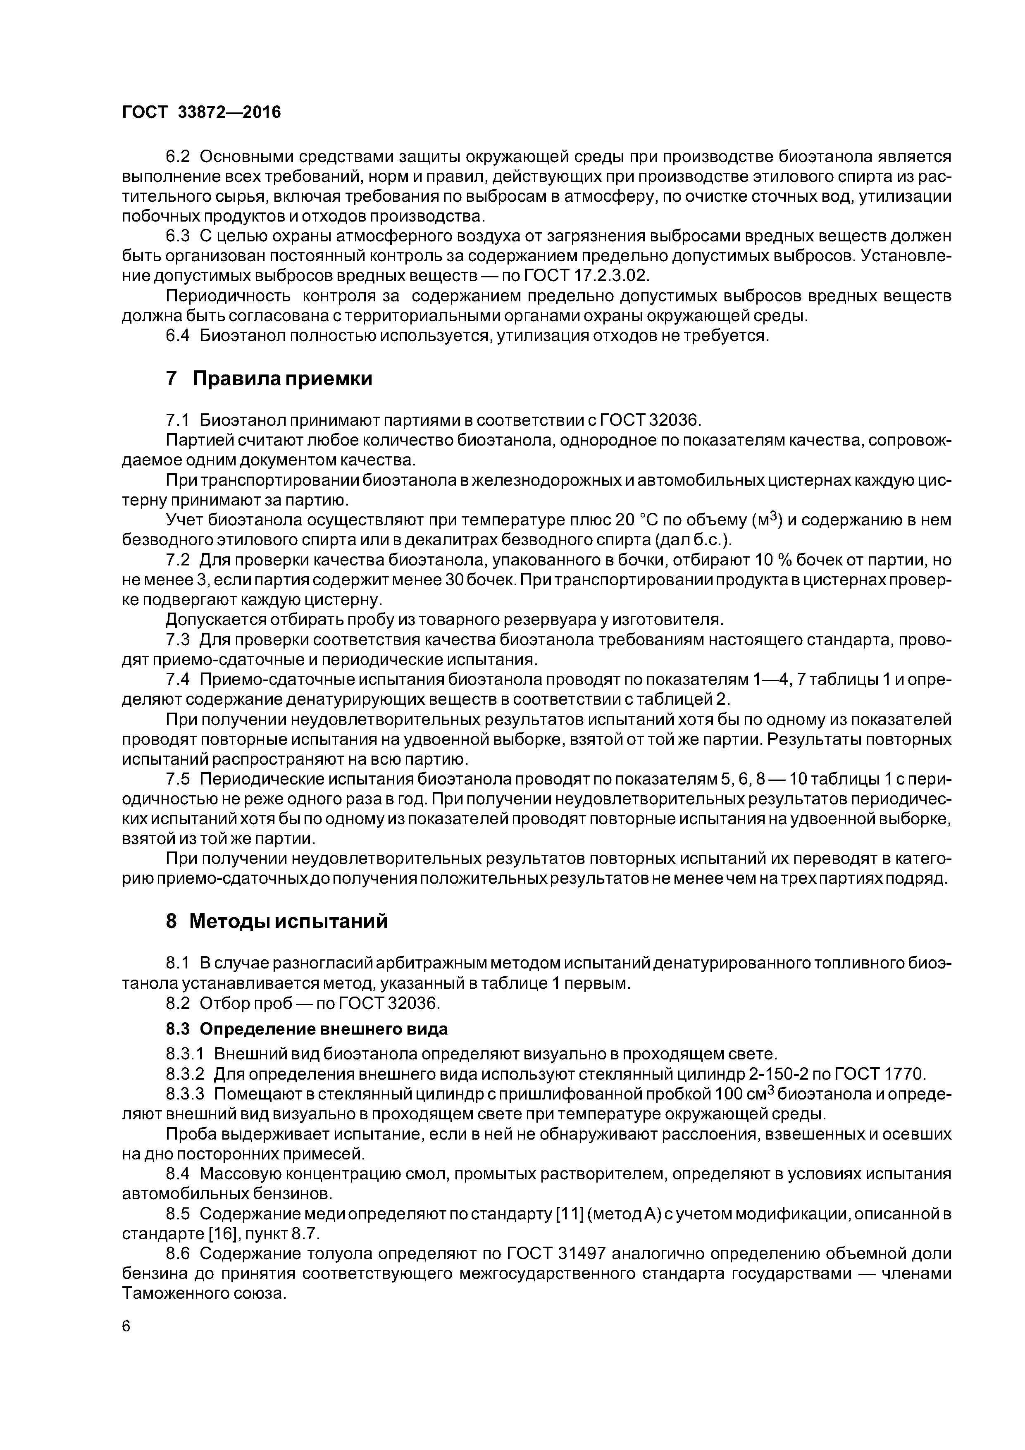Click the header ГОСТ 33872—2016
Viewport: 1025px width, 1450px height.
click(201, 112)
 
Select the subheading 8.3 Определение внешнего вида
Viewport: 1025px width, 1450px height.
click(306, 1029)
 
